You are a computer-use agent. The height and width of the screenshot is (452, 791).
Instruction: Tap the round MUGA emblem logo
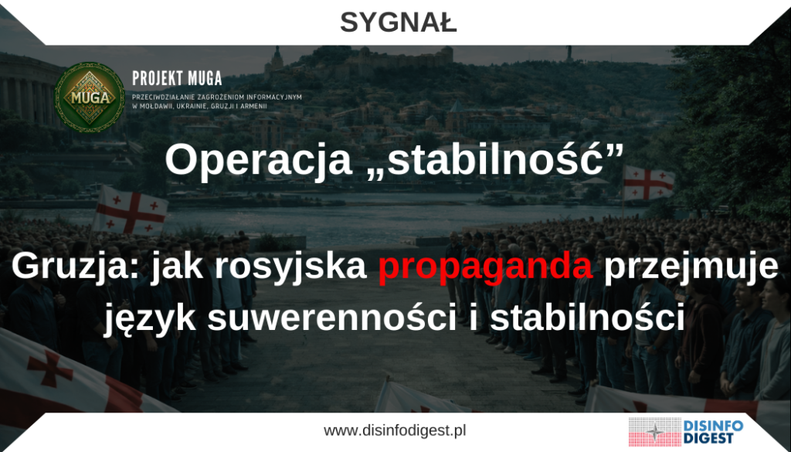pyautogui.click(x=90, y=97)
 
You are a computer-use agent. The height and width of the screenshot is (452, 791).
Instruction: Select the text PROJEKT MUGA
pyautogui.click(x=177, y=79)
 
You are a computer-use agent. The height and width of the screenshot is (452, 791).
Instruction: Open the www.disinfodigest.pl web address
pyautogui.click(x=395, y=430)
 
